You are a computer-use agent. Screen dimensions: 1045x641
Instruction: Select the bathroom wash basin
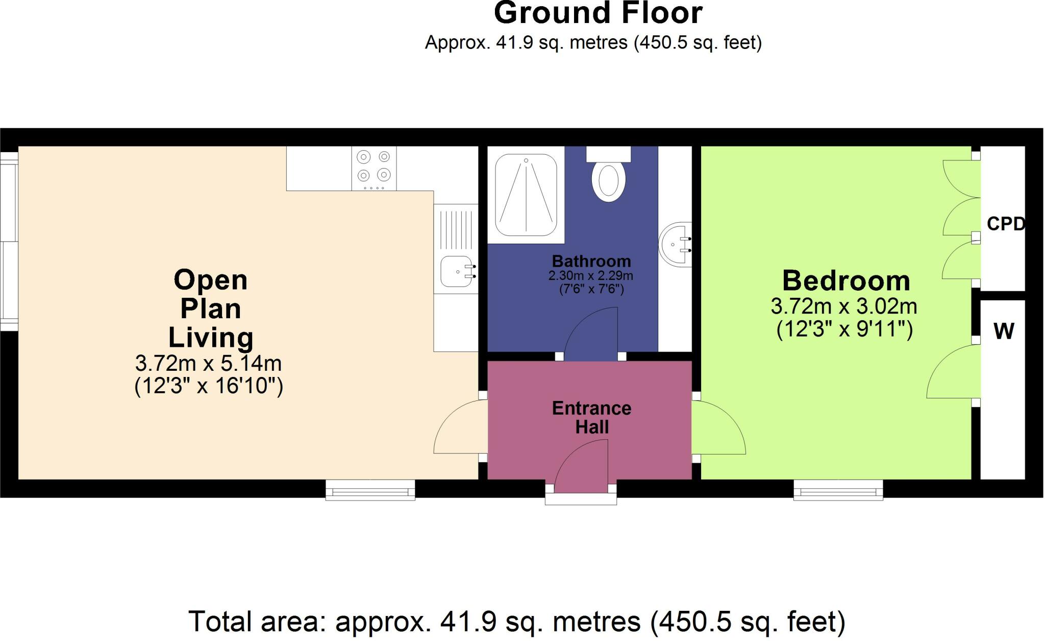pos(676,245)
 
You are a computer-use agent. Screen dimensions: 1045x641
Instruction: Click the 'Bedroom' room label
pos(847,281)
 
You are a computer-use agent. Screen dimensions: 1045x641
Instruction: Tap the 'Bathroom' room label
pos(591,261)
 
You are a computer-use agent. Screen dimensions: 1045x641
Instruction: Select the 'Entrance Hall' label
pos(592,417)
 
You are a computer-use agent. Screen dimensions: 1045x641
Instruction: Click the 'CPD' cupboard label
pos(1006,224)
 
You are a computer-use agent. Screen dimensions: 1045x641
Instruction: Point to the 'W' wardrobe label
pos(1004,331)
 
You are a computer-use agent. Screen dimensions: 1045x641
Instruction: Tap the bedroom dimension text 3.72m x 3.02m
pos(844,306)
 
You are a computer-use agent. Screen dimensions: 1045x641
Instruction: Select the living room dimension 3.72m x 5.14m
pos(208,363)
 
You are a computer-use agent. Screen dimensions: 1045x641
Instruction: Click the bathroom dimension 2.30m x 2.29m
pos(591,276)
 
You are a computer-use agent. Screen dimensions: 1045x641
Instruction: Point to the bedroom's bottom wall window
pos(838,490)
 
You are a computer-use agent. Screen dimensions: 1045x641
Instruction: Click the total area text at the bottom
pos(517,622)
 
